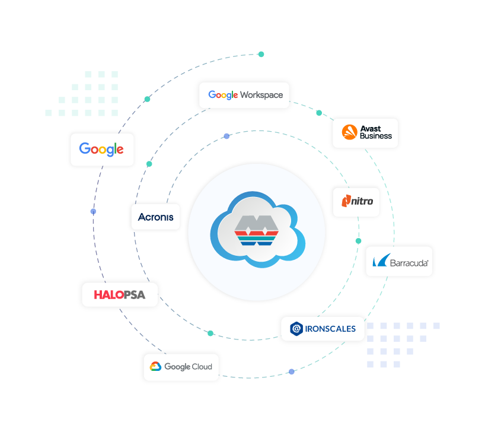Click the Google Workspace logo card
[244, 95]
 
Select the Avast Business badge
[365, 133]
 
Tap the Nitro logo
[356, 202]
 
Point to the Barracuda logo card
[399, 261]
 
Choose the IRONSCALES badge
[323, 329]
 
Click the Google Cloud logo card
[181, 367]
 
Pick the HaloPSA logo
[120, 295]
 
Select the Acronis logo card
[155, 217]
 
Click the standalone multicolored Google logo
[102, 150]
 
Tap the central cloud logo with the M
[257, 231]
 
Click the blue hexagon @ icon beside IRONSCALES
[296, 329]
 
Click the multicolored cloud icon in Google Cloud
[156, 367]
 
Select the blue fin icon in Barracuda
[381, 261]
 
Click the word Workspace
[261, 95]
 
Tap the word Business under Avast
[376, 136]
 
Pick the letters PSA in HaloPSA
[134, 295]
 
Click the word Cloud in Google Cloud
[202, 367]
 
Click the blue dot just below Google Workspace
[226, 136]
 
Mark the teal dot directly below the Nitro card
[358, 241]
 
